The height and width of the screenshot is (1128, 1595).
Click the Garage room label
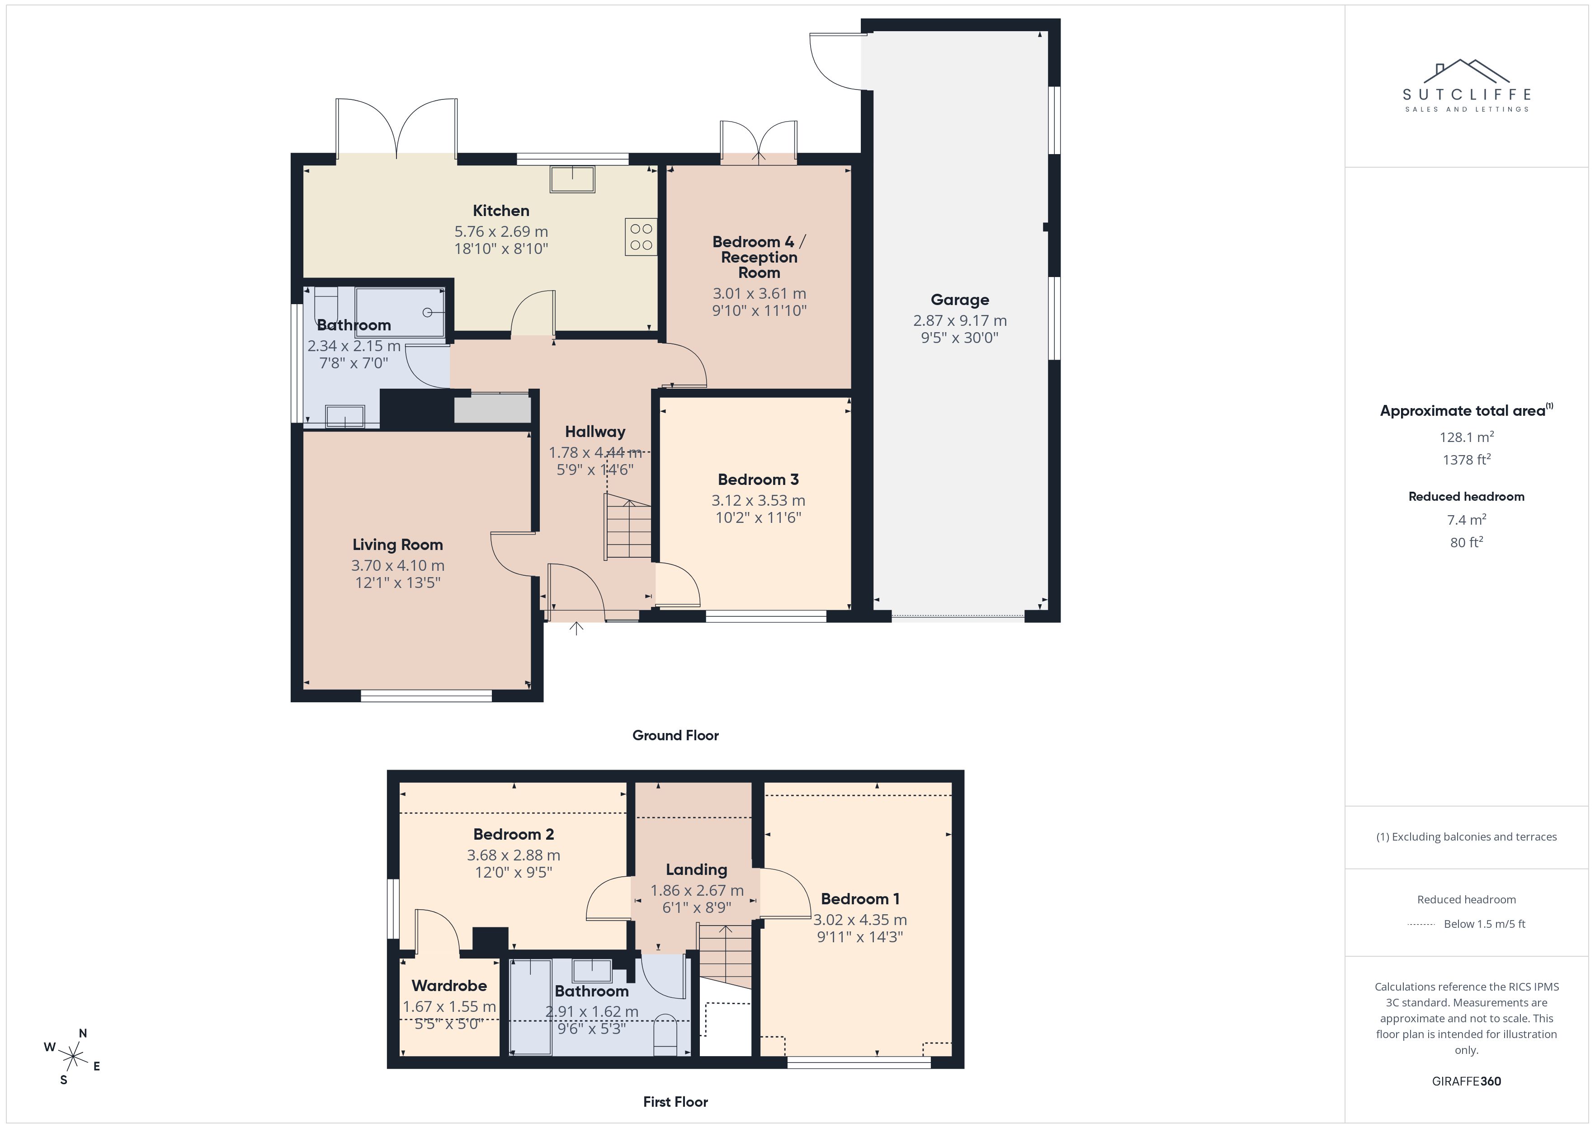click(959, 300)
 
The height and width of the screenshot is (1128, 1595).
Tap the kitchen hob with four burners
click(641, 237)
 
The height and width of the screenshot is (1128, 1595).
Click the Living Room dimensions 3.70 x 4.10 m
click(397, 565)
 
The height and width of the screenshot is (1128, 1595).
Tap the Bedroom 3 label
click(758, 479)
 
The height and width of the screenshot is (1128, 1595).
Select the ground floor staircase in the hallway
click(628, 526)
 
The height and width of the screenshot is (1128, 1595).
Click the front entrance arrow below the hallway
click(576, 629)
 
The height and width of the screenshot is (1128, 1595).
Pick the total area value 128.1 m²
click(1466, 437)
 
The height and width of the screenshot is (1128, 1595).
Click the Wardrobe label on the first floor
click(449, 986)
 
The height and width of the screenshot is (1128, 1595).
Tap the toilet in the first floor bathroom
click(665, 1035)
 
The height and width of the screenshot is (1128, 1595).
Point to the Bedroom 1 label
click(860, 899)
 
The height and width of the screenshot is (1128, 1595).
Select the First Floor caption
click(675, 1102)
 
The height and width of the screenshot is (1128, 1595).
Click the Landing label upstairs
click(696, 869)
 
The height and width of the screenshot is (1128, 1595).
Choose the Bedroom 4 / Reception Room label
click(759, 257)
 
